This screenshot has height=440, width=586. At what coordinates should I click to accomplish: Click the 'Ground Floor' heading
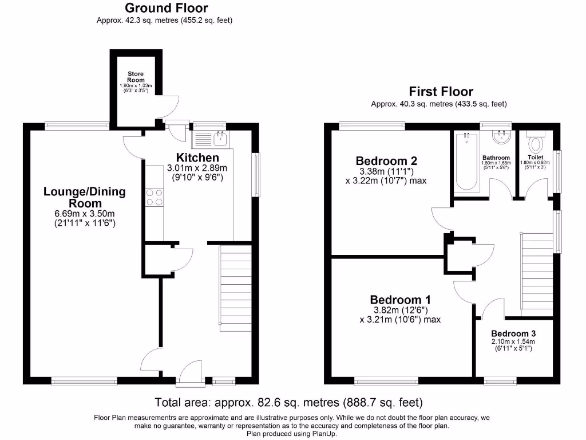(x=166, y=8)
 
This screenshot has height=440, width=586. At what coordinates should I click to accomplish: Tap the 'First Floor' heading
(x=441, y=92)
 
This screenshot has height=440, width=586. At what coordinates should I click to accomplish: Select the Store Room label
(x=136, y=77)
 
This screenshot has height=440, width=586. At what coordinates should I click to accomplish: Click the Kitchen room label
(x=197, y=158)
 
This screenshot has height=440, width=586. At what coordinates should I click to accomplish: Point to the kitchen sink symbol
(x=220, y=137)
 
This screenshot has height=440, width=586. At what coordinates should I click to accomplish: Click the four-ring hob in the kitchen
(x=155, y=197)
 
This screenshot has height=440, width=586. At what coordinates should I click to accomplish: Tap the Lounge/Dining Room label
(x=84, y=197)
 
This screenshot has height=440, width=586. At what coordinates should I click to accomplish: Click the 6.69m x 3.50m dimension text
(x=84, y=213)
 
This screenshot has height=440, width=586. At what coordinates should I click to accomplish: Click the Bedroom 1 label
(x=400, y=300)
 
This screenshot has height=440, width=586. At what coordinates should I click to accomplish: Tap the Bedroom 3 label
(x=513, y=333)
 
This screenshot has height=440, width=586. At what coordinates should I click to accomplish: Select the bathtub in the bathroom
(x=467, y=162)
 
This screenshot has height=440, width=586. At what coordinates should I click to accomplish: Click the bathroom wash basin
(x=501, y=136)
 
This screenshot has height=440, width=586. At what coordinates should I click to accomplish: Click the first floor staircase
(x=537, y=274)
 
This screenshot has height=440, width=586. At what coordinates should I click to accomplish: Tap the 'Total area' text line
(x=288, y=402)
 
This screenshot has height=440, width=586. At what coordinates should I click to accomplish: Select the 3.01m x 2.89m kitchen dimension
(x=197, y=168)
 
